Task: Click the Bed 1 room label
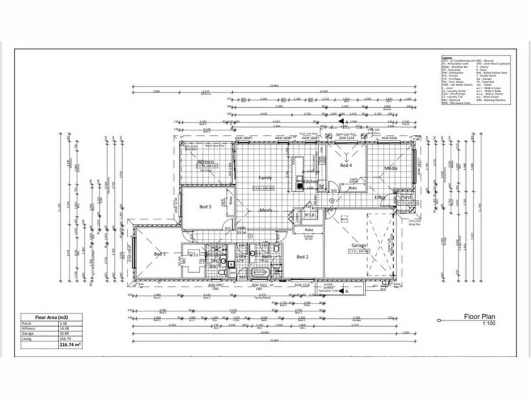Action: click(x=160, y=254)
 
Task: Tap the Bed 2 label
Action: click(x=302, y=257)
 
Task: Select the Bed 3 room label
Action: click(x=205, y=207)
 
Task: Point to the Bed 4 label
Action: click(x=346, y=165)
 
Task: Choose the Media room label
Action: click(x=391, y=168)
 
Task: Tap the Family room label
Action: click(x=265, y=178)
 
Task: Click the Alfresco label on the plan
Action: click(x=206, y=162)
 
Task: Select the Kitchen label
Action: click(x=310, y=182)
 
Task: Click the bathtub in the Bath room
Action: click(x=259, y=272)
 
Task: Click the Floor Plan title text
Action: click(x=479, y=317)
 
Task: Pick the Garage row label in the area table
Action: click(x=27, y=333)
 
